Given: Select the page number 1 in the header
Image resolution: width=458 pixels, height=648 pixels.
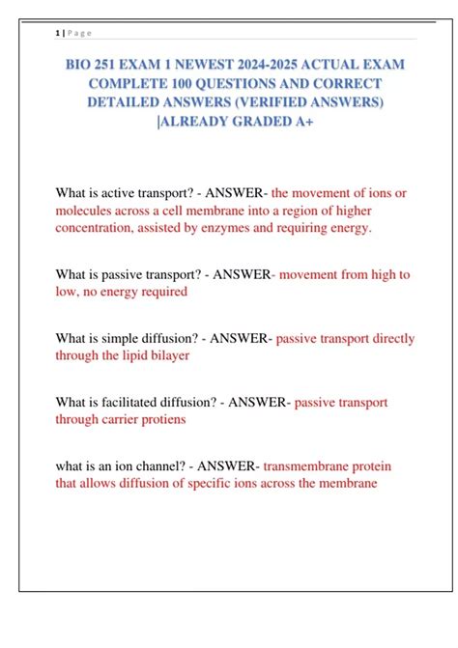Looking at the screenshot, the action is [x=57, y=32].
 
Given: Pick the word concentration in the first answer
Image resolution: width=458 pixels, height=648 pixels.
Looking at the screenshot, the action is [x=100, y=228].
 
